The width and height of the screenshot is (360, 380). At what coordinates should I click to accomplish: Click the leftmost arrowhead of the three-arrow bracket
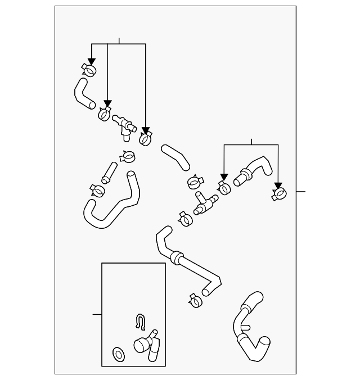tap(91, 62)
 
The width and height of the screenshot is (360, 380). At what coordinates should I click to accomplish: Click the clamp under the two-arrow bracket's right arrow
tap(279, 194)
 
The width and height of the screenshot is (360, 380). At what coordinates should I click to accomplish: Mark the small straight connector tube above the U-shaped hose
tap(109, 172)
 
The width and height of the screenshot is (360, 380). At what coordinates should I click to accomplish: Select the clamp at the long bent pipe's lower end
tap(195, 300)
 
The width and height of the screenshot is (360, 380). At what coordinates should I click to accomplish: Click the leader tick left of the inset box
tap(97, 314)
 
